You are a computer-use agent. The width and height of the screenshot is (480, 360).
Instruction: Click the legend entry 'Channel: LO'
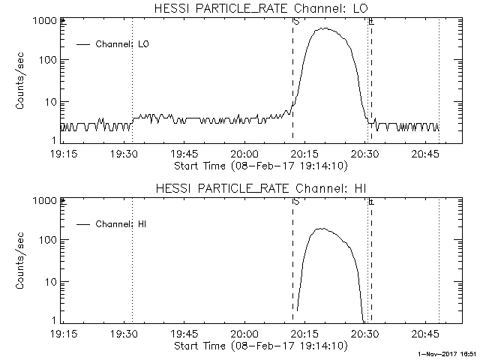(123, 44)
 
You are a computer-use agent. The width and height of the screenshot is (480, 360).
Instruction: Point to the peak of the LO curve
(324, 28)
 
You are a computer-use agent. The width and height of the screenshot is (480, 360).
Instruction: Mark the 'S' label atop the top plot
(296, 22)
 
